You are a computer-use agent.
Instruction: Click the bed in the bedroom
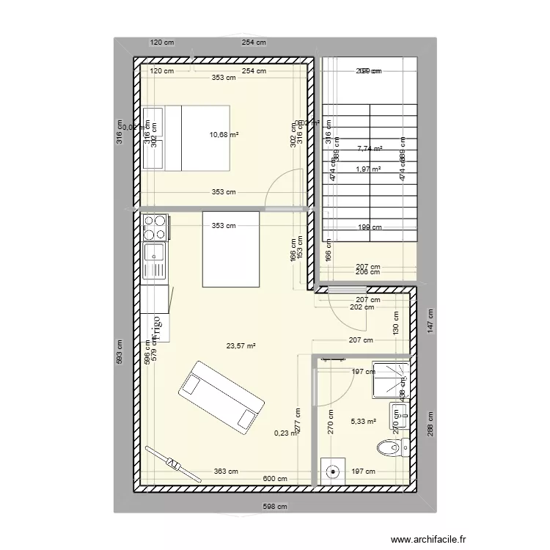click(197, 138)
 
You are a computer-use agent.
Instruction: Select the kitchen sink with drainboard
click(156, 260)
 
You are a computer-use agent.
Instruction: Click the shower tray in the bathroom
click(389, 379)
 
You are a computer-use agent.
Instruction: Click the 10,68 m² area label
click(224, 135)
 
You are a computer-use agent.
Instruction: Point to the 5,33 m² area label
click(363, 422)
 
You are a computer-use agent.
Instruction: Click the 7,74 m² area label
click(370, 149)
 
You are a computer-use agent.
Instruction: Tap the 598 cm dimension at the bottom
click(274, 506)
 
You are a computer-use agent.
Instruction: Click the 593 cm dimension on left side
click(120, 352)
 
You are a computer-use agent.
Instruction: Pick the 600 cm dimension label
click(275, 480)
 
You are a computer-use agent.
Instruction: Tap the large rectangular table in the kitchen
click(231, 249)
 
